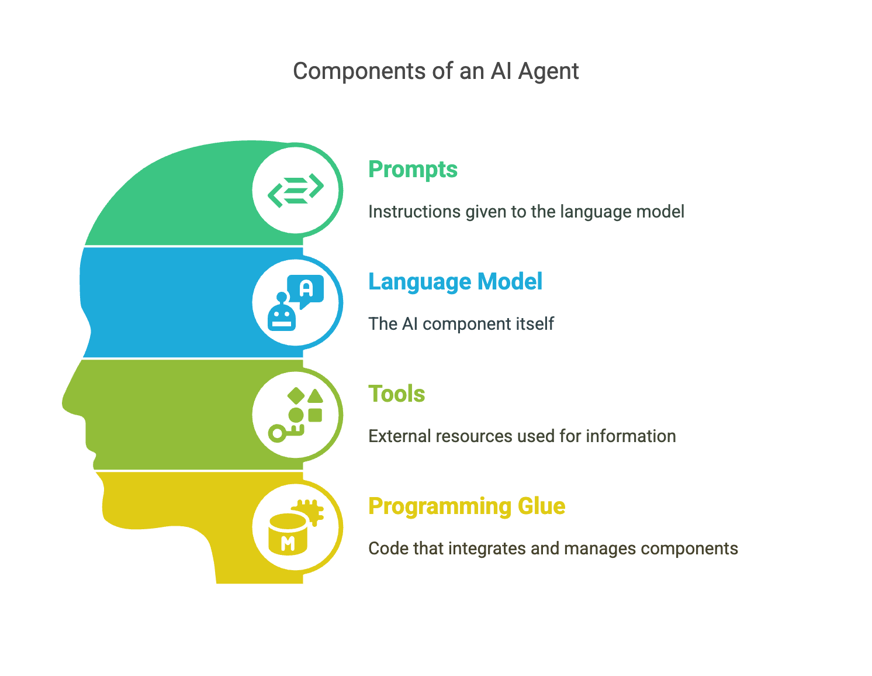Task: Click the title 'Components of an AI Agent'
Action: click(x=435, y=71)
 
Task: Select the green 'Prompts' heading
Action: click(x=413, y=170)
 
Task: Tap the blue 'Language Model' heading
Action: click(x=455, y=282)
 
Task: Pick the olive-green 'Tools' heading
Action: click(x=396, y=394)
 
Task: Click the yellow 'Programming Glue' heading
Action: click(x=466, y=506)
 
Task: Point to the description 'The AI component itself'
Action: click(x=461, y=324)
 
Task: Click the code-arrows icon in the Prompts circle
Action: click(x=296, y=189)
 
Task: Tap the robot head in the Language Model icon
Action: click(x=282, y=316)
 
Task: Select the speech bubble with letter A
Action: click(x=306, y=289)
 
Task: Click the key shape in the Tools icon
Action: click(x=284, y=433)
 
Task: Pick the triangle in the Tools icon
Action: click(x=316, y=396)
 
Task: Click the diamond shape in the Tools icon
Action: click(x=296, y=396)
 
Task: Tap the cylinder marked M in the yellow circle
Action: click(x=288, y=535)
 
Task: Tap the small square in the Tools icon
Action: click(x=315, y=415)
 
